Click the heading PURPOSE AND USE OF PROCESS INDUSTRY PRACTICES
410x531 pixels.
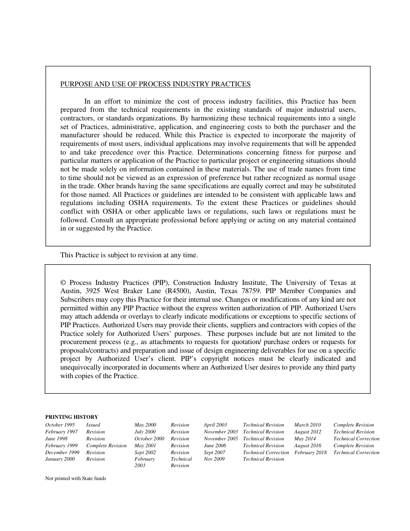pos(155,84)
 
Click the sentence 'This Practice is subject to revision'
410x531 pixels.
pos(129,255)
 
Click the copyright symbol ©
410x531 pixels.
pos(63,283)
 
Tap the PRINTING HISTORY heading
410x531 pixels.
pos(72,417)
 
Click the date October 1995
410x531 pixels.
pos(60,425)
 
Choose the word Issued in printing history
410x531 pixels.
pos(93,425)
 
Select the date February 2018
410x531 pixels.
pos(310,453)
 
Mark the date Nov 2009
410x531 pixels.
pos(214,459)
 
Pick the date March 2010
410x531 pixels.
pos(307,425)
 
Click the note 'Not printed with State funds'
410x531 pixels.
pos(76,478)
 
